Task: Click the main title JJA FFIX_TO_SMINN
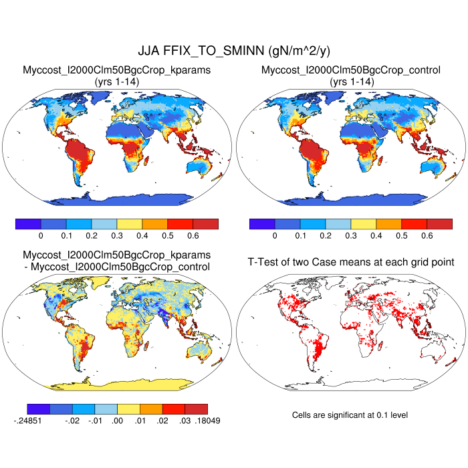click(x=234, y=51)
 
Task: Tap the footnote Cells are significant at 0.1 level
click(x=350, y=415)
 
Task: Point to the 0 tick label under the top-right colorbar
click(x=275, y=236)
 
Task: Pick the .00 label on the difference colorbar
click(x=117, y=421)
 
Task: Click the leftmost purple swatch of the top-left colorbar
click(x=28, y=223)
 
